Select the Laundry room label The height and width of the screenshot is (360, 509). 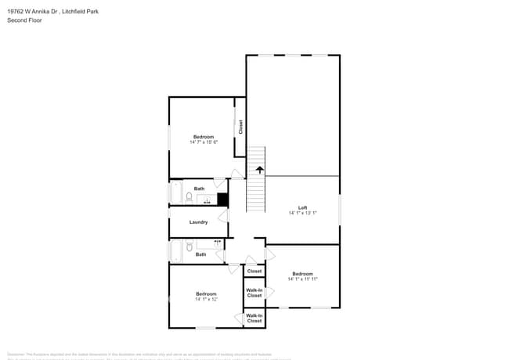pos(199,222)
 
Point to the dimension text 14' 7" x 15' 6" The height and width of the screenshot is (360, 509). pos(204,142)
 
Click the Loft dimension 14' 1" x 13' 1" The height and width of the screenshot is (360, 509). pos(302,213)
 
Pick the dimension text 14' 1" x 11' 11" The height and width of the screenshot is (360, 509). pos(302,279)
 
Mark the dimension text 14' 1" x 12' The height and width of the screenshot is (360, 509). pos(206,299)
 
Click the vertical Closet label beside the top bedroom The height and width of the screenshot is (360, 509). pos(240,127)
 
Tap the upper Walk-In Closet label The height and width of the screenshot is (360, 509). pos(254,293)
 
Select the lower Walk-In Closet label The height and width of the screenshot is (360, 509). pos(254,319)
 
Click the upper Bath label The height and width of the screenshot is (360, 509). pos(200,189)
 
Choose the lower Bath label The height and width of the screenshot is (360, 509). pos(201,254)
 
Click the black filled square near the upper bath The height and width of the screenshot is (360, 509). pos(222,200)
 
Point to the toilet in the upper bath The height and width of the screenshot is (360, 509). pos(190,198)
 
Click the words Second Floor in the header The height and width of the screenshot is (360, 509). pos(25,20)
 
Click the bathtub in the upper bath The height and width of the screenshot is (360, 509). pos(175,193)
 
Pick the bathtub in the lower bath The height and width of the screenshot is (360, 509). pos(175,251)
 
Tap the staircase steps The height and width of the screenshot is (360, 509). pos(256,192)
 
